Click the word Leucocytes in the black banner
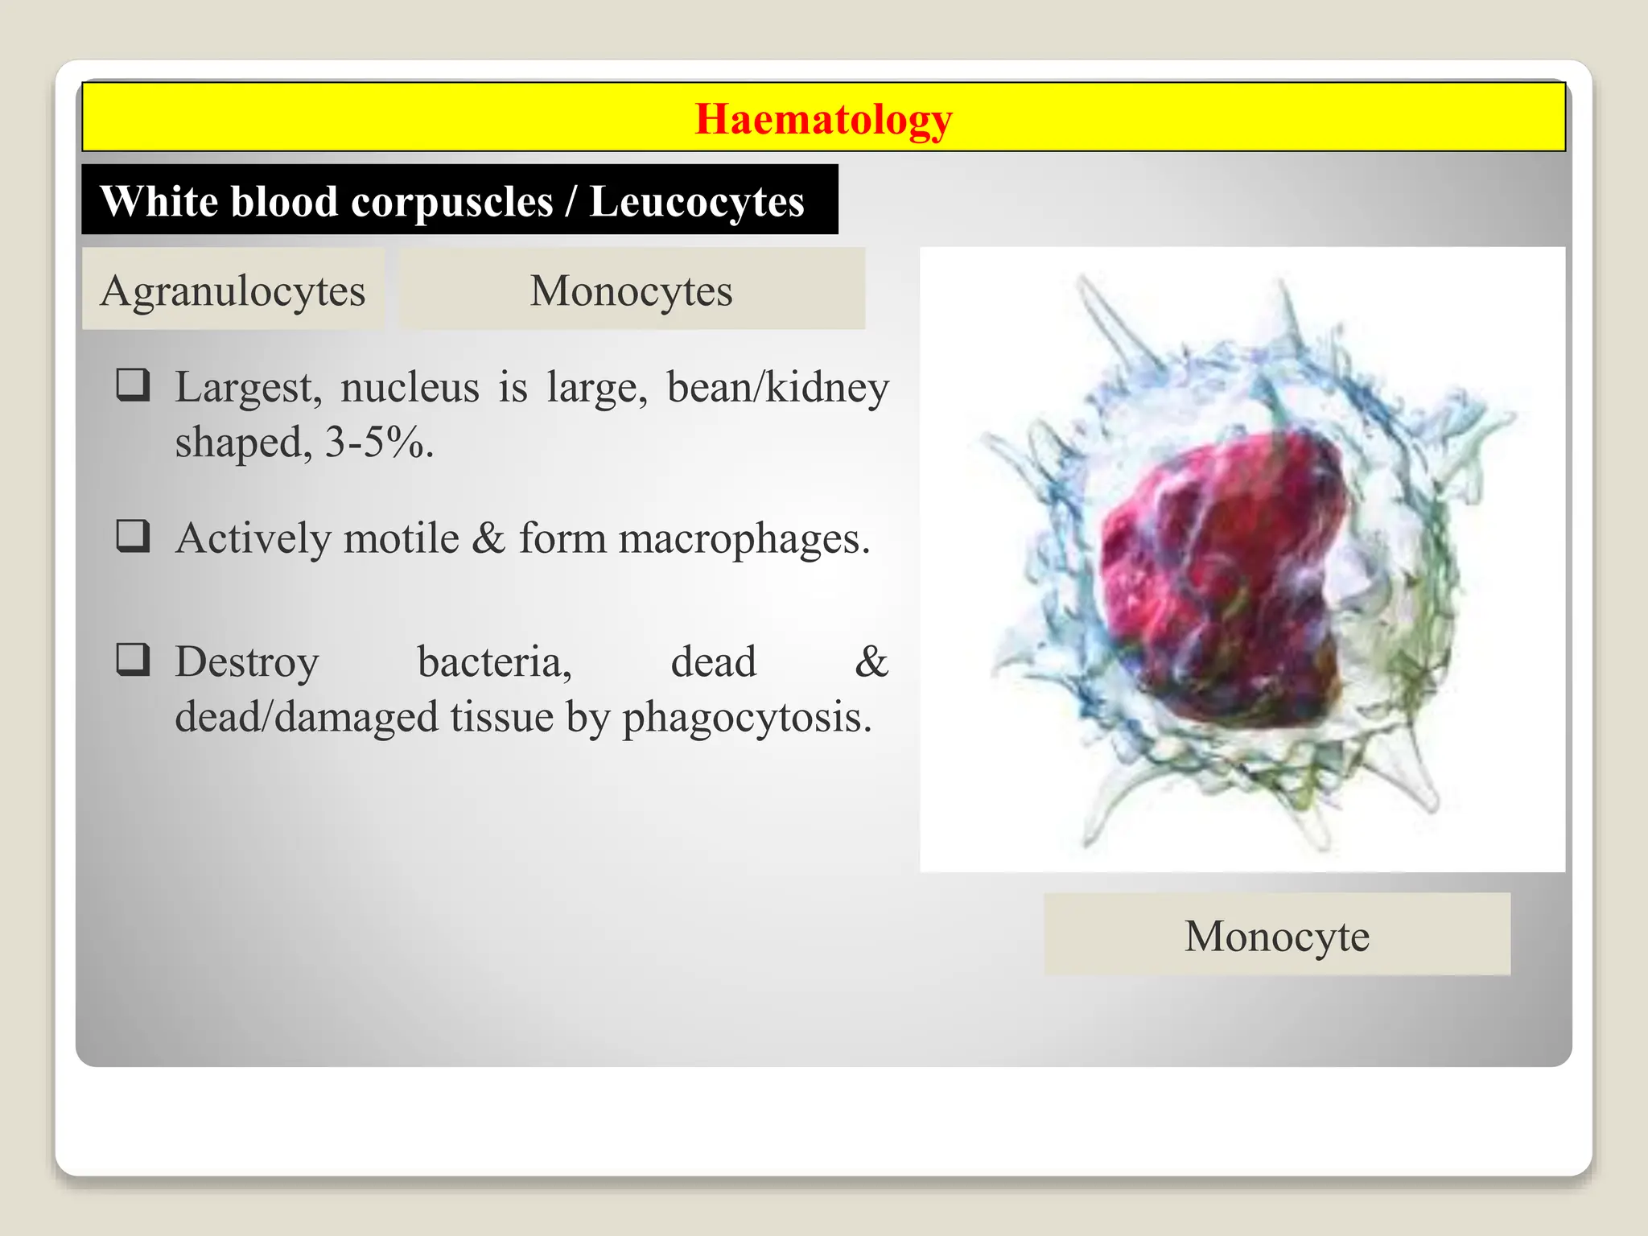696,201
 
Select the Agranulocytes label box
233,290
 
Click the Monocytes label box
632,290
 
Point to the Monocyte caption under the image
1276,936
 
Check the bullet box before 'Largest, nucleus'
133,385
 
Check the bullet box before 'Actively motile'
133,535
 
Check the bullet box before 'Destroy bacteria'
133,659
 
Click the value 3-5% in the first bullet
375,442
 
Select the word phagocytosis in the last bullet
746,717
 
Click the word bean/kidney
777,388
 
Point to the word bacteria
494,662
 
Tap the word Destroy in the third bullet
247,663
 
